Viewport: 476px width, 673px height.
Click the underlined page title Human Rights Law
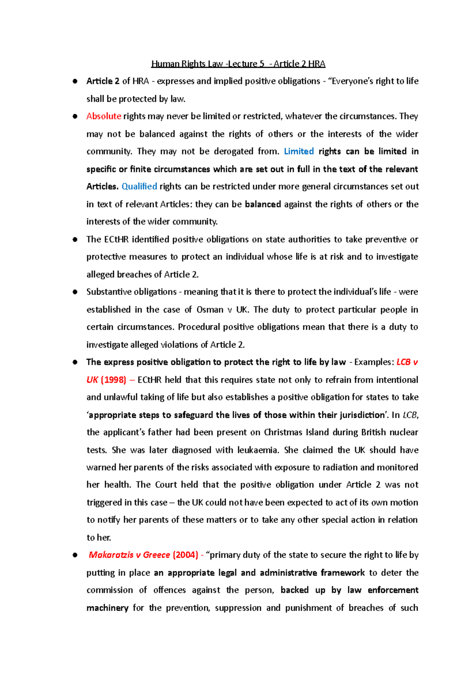coord(238,64)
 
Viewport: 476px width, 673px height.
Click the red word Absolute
coord(104,116)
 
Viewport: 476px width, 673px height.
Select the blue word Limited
coord(299,151)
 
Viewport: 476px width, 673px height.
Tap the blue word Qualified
coord(139,186)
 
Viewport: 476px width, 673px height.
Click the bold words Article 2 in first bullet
coord(103,81)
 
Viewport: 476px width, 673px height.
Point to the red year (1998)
coord(113,380)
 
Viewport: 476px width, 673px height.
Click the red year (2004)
coord(185,555)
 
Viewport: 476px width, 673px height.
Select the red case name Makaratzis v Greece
coord(129,555)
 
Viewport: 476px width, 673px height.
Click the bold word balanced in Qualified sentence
coord(263,204)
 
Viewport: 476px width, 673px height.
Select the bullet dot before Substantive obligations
coord(75,292)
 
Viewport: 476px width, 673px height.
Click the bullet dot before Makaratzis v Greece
coord(75,555)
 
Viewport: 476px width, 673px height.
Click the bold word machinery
coord(107,608)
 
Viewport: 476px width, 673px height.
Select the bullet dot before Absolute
coord(75,117)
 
